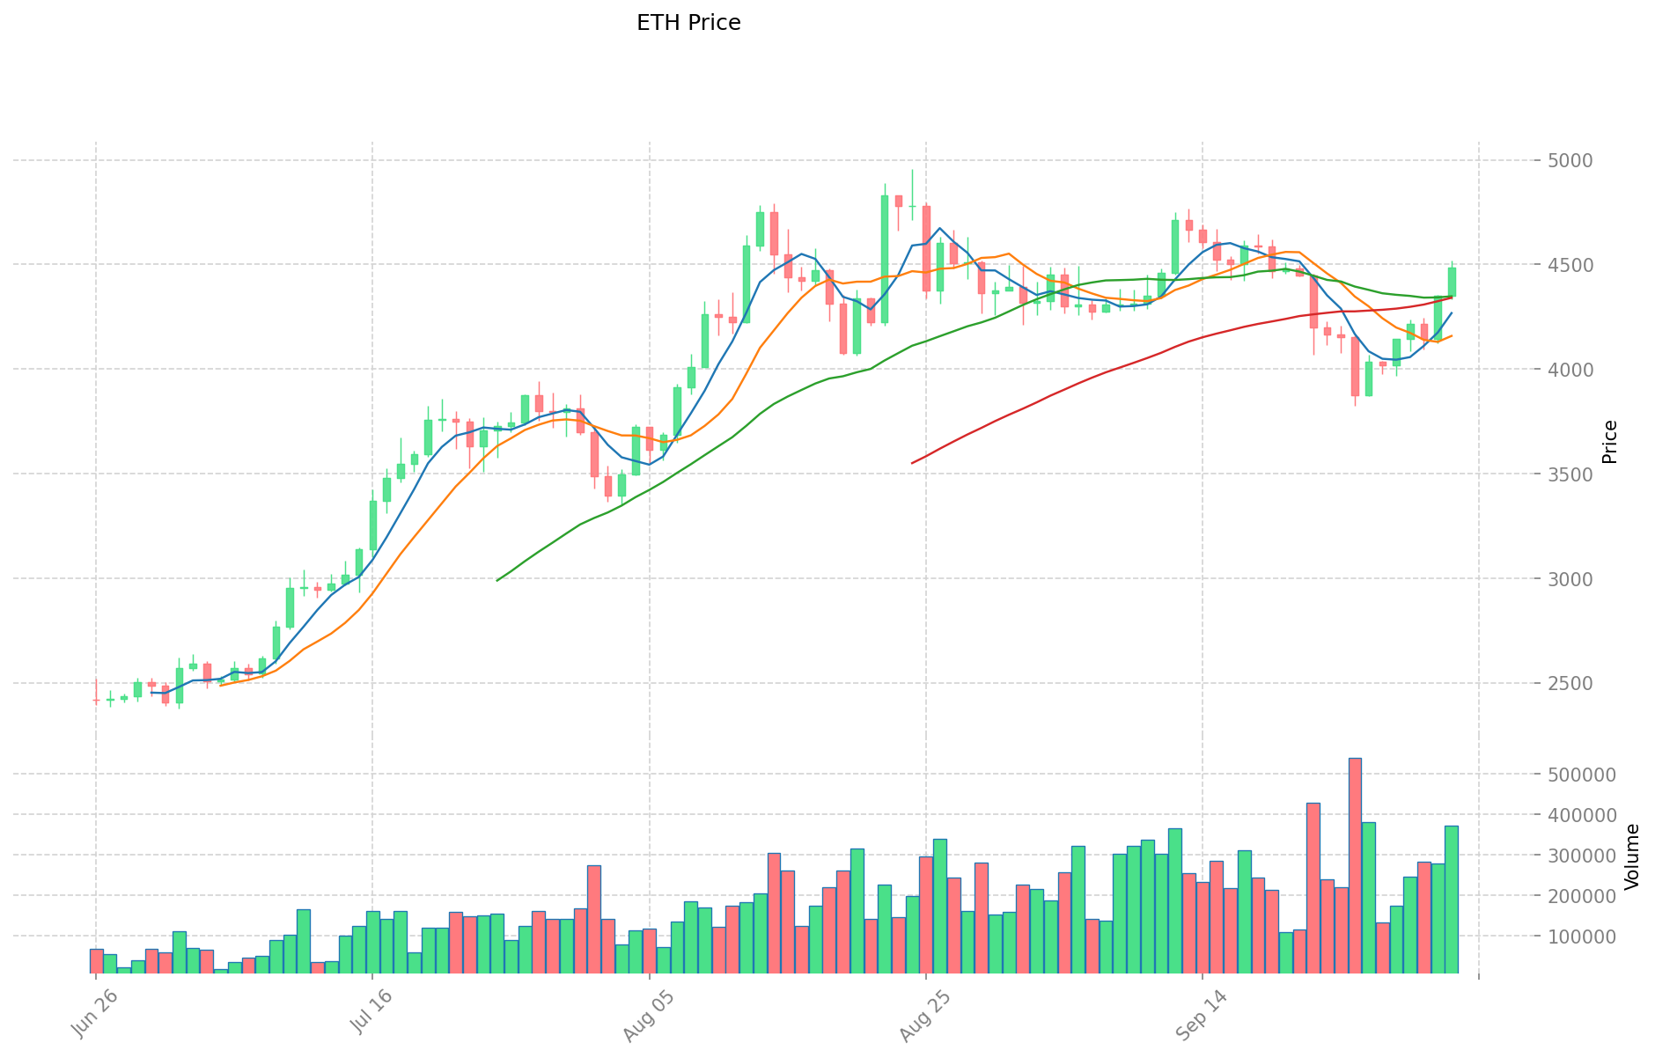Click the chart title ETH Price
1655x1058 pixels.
(688, 23)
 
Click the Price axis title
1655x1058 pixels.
(1610, 442)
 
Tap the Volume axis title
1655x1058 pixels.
(1632, 856)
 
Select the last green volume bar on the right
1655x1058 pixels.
(1451, 899)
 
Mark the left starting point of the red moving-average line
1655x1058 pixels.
(912, 463)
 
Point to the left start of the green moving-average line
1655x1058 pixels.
(497, 580)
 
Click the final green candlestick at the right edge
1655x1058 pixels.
(1452, 282)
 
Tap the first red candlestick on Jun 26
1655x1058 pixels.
(96, 700)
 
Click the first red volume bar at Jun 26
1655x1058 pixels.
(96, 961)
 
